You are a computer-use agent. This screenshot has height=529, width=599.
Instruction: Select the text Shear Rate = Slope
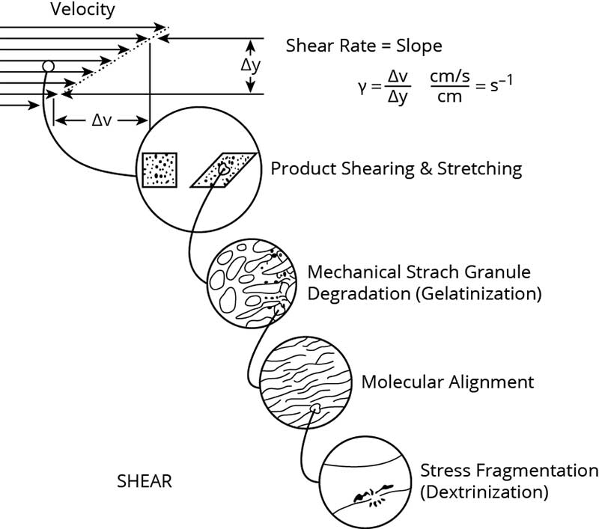364,46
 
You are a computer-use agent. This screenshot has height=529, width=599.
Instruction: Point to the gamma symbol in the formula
362,88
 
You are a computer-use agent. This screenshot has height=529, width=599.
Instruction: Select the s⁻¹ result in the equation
502,87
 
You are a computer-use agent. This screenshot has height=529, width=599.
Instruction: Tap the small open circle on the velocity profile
48,67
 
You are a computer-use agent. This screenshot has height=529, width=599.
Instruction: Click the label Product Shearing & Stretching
396,168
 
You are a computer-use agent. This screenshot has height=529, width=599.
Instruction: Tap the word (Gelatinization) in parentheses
476,293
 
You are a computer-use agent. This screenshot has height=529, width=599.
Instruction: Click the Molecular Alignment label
448,382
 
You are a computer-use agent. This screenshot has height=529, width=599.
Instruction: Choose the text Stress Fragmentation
509,471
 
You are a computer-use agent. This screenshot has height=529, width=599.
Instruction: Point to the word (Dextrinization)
484,492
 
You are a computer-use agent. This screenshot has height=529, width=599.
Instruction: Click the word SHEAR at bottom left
145,481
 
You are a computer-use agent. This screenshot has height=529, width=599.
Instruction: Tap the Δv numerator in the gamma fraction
397,78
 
